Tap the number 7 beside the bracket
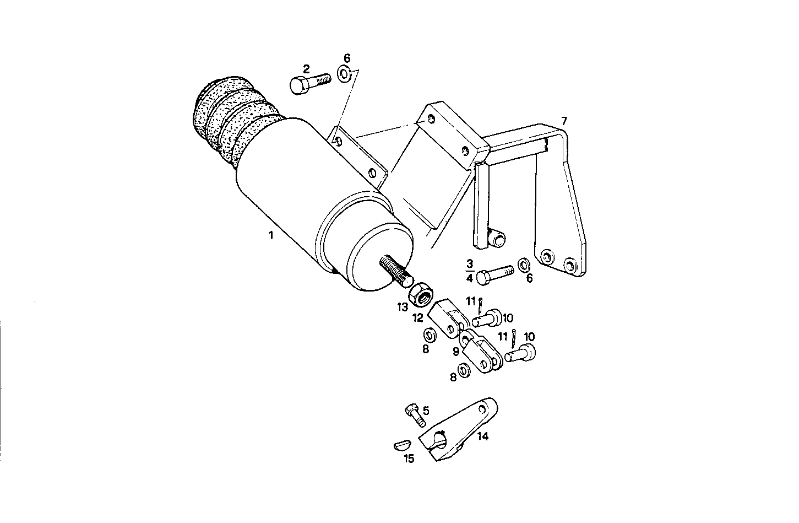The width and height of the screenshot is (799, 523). click(x=563, y=121)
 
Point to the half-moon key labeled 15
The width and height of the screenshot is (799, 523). click(x=403, y=445)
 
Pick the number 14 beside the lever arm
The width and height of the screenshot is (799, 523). click(x=482, y=436)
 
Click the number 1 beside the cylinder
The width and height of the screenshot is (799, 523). click(x=270, y=236)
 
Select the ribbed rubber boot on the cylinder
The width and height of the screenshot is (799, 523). click(x=231, y=123)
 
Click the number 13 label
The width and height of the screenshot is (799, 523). click(x=403, y=306)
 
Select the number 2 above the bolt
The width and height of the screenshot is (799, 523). click(x=306, y=69)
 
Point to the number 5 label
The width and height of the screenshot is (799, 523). click(x=426, y=410)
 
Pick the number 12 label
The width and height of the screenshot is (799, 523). click(x=418, y=317)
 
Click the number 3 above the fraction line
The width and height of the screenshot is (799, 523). click(x=469, y=263)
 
